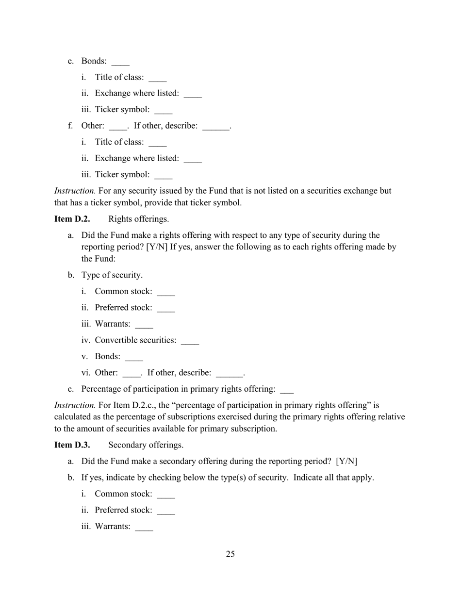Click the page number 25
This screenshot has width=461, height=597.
(230, 554)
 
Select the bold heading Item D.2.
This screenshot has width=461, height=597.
(72, 219)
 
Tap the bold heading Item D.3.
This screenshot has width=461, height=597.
(72, 445)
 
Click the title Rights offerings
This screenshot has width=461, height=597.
(138, 219)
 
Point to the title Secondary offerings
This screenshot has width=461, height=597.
(146, 445)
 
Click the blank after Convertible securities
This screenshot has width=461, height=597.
(190, 341)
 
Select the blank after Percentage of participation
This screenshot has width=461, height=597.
(287, 390)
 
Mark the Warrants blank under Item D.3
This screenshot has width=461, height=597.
(144, 528)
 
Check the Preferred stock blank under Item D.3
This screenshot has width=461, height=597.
(166, 511)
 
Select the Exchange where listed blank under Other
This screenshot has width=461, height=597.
(193, 159)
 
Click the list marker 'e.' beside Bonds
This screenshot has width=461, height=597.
(71, 61)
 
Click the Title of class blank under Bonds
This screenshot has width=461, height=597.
(158, 78)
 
